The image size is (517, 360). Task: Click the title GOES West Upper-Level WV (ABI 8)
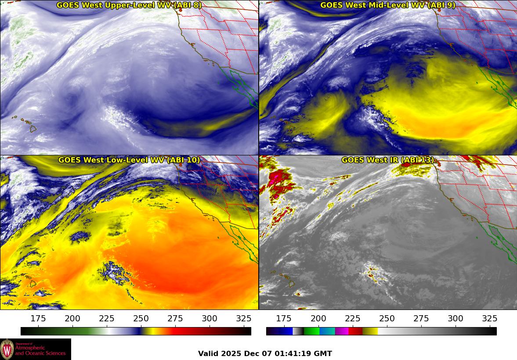[129, 5]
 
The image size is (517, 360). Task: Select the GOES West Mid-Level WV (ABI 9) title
[388, 5]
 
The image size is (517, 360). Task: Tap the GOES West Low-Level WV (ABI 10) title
[129, 160]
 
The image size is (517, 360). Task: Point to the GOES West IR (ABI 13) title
[388, 160]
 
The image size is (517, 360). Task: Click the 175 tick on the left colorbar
[38, 319]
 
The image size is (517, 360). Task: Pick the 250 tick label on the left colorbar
[141, 319]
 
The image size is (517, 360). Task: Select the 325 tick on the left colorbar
[244, 319]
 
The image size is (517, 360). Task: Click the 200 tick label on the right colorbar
[318, 319]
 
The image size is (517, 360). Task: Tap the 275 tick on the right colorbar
[421, 319]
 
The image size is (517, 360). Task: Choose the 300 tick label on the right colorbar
[455, 319]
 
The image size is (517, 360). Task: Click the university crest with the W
[7, 349]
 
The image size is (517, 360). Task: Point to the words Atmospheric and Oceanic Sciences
[40, 350]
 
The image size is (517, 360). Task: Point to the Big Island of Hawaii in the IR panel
[291, 284]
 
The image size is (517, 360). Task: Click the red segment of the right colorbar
[355, 331]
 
